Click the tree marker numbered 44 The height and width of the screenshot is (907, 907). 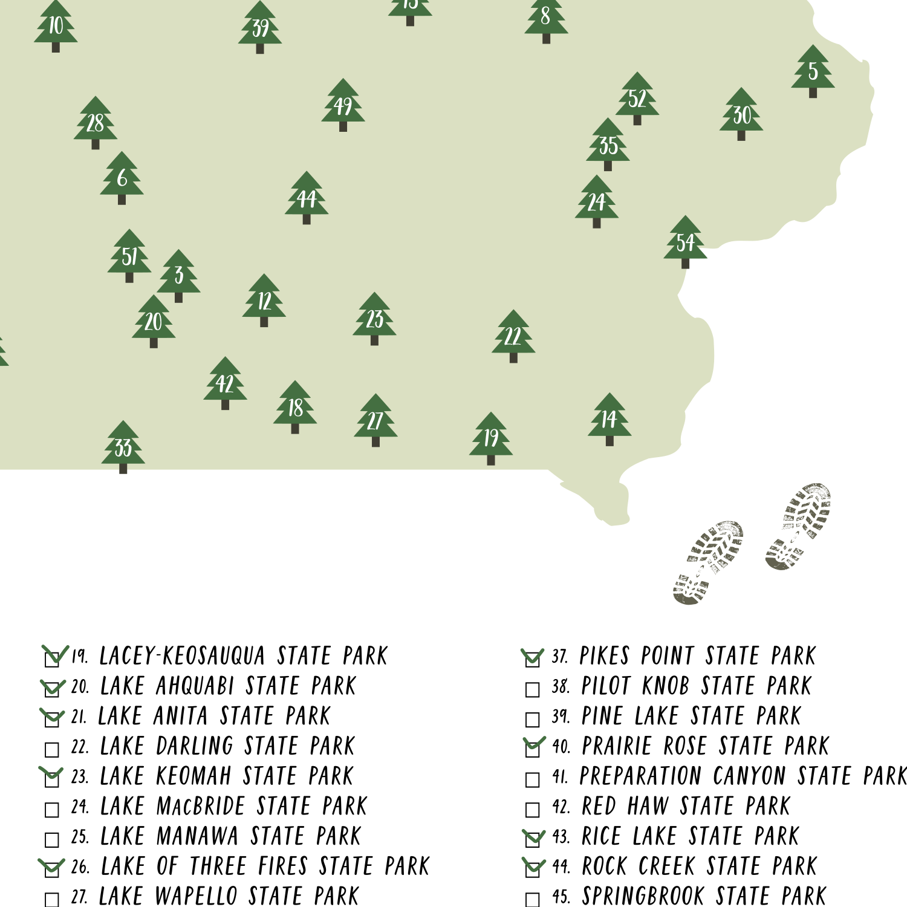click(307, 198)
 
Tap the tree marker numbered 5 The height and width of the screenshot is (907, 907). click(813, 71)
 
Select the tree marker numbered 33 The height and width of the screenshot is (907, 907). click(123, 447)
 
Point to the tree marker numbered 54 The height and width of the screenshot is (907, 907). click(685, 242)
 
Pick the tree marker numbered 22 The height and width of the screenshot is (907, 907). click(513, 336)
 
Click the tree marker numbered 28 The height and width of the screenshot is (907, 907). click(96, 123)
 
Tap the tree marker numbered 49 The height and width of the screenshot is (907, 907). click(343, 106)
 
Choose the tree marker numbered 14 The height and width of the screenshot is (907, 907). click(610, 419)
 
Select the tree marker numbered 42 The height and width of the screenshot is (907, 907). click(225, 383)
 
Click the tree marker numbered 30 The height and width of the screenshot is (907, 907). click(741, 115)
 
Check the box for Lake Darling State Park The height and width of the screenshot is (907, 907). click(52, 750)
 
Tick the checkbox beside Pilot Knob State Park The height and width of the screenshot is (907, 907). click(533, 689)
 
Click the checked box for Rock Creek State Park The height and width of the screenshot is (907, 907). click(533, 870)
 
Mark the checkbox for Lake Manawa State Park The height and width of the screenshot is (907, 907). click(52, 840)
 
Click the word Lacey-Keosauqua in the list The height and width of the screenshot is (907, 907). click(182, 656)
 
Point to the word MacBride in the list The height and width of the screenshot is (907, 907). click(200, 806)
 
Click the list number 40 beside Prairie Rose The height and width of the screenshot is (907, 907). click(561, 747)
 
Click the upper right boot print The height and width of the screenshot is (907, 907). click(798, 526)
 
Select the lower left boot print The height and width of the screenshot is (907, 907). click(707, 562)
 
